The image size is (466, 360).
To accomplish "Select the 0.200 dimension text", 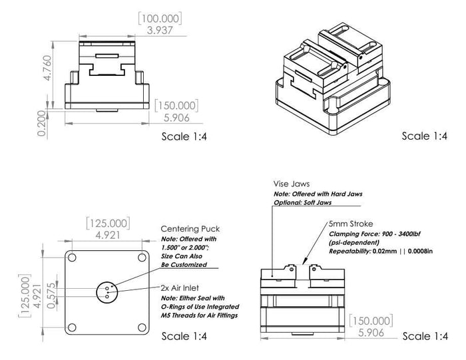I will pyautogui.click(x=43, y=124).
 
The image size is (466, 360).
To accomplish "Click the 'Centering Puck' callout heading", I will pyautogui.click(x=190, y=229).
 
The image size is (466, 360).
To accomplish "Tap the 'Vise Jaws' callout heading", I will pyautogui.click(x=292, y=184).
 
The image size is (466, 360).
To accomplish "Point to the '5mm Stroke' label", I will pyautogui.click(x=350, y=225).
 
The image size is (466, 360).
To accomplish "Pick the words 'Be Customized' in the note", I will pyautogui.click(x=184, y=264).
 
